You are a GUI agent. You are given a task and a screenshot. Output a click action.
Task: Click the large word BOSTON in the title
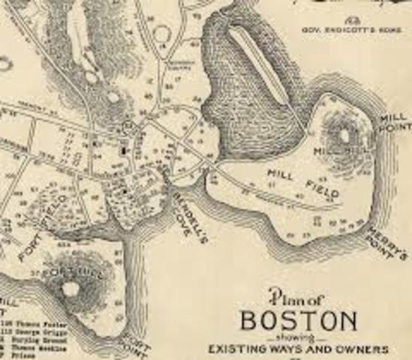(x=308, y=320)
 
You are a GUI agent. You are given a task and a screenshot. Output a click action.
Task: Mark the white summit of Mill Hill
(x=344, y=136)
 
